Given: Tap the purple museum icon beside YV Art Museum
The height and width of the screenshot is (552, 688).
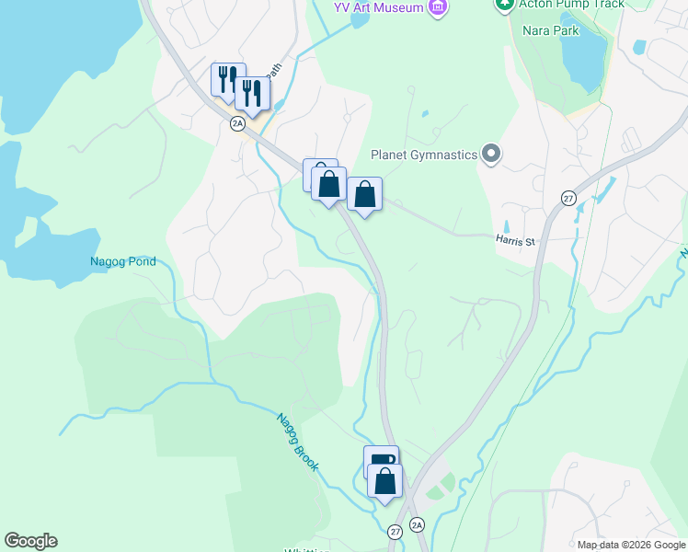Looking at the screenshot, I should [438, 7].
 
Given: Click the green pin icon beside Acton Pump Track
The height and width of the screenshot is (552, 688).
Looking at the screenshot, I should [503, 5].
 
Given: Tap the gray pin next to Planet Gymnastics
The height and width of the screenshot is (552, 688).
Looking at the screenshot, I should [491, 155].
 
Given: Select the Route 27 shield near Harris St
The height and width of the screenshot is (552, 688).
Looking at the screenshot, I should [568, 199].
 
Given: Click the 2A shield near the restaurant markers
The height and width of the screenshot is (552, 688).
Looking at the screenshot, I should [238, 122].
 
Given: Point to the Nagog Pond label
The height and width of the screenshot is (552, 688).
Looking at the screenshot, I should [122, 261].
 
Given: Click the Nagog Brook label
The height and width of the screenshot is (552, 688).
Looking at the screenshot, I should [298, 442].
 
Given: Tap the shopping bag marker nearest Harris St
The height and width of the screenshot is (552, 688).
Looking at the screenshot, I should [365, 195].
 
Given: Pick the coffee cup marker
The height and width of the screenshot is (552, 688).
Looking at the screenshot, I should [381, 461].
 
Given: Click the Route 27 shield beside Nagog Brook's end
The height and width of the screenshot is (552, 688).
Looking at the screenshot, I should [395, 531].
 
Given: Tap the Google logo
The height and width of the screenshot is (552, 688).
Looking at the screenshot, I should [30, 541].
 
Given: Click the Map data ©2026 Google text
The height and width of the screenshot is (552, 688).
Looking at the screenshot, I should [632, 545].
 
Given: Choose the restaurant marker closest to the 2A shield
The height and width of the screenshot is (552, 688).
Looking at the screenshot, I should [251, 93].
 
